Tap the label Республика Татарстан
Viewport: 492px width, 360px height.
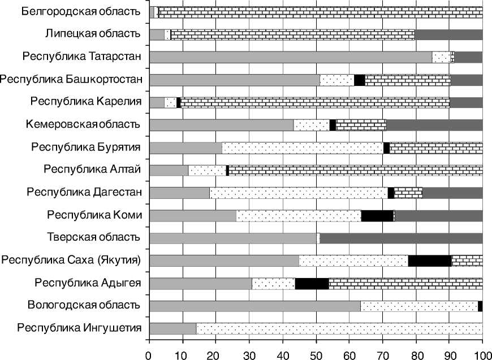[81, 57]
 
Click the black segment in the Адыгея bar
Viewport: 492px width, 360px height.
[312, 283]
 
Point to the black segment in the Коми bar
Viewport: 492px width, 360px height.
[377, 215]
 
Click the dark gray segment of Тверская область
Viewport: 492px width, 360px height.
[401, 238]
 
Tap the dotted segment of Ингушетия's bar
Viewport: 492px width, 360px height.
[339, 328]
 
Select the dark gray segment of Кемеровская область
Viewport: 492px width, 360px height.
[434, 125]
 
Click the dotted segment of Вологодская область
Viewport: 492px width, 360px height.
[419, 306]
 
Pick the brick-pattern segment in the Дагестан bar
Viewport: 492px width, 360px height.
[408, 193]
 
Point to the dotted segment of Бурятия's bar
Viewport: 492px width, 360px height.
[303, 148]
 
